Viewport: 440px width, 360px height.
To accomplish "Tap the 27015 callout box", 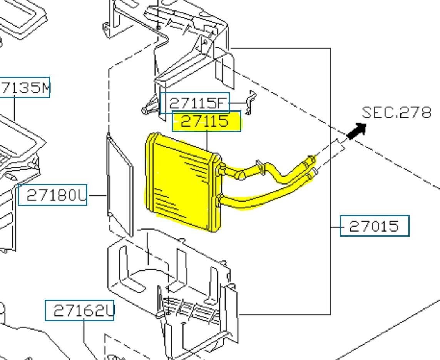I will (374, 226).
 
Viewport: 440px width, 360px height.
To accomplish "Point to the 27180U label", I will (53, 195).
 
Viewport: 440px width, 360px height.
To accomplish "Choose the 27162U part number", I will (80, 310).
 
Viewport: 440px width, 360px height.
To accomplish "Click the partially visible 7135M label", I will (25, 88).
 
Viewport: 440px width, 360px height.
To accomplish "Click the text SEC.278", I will (396, 112).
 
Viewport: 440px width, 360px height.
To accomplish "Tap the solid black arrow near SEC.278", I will (356, 131).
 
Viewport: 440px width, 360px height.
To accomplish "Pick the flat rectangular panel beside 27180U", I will (120, 185).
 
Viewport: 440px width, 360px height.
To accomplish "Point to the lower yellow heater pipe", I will (266, 194).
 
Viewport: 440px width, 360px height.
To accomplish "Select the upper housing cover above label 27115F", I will (189, 50).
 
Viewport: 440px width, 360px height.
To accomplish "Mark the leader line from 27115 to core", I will (207, 141).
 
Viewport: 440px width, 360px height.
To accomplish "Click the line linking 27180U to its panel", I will (97, 195).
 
